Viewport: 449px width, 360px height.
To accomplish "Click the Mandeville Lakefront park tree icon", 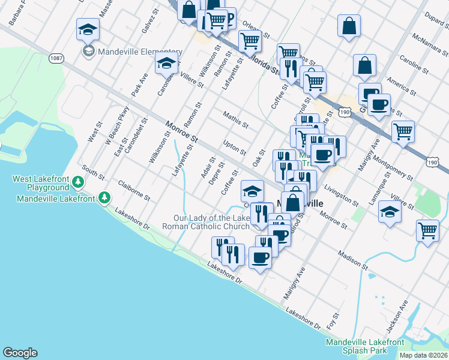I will tap(104, 197).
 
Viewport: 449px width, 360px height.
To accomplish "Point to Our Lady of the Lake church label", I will tap(206, 222).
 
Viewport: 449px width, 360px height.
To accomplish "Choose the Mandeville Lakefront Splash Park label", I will tap(364, 346).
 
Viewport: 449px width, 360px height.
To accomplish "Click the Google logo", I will tap(20, 353).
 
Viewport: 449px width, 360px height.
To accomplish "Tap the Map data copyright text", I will tap(423, 355).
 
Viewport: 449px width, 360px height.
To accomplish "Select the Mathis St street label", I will tap(235, 119).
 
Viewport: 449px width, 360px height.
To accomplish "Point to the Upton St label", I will tap(234, 147).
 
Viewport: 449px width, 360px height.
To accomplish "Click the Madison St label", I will tap(352, 259).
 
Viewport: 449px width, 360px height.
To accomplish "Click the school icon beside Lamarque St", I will tap(390, 212).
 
